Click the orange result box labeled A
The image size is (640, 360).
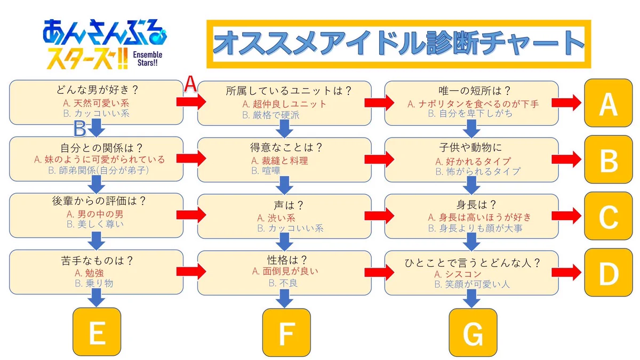[x=608, y=104]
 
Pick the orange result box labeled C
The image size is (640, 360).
[x=608, y=216]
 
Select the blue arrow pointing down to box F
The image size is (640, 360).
[x=285, y=301]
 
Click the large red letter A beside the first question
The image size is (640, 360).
[x=190, y=85]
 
